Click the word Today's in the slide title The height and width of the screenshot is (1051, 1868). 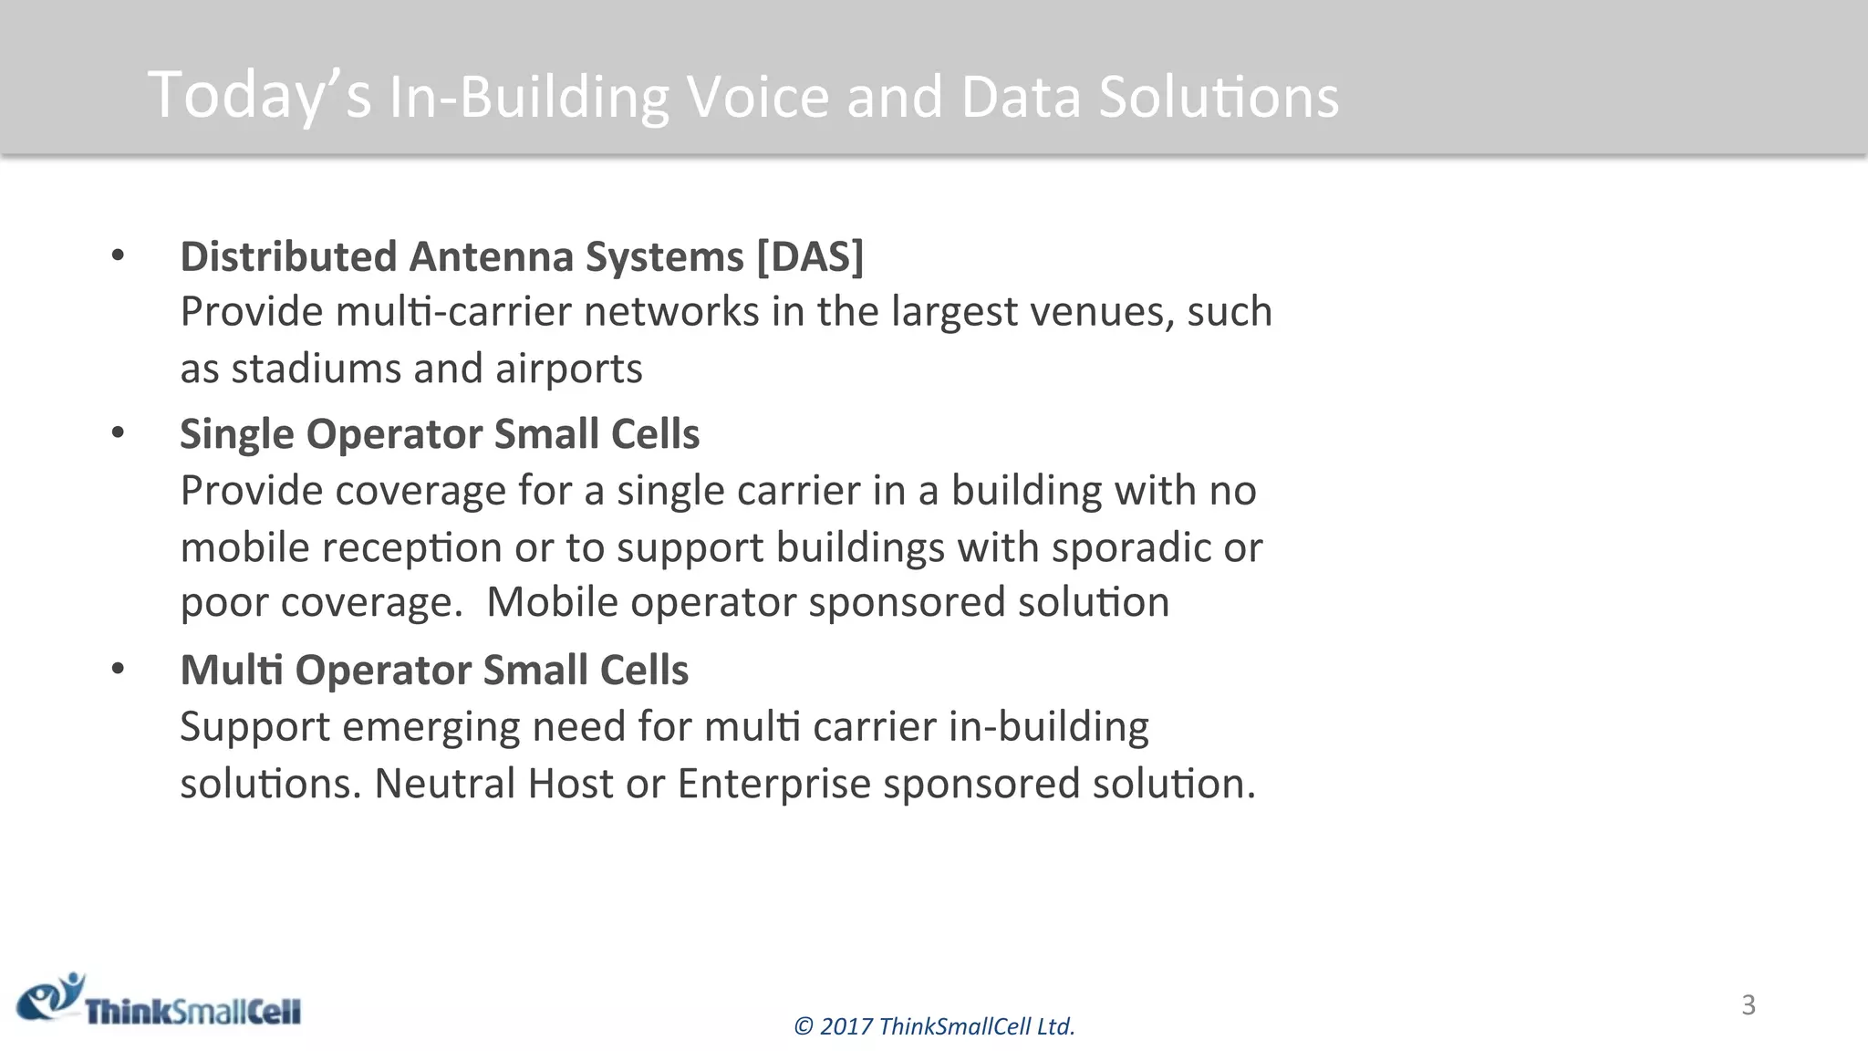pyautogui.click(x=260, y=96)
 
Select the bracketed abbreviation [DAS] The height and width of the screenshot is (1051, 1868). pyautogui.click(x=810, y=256)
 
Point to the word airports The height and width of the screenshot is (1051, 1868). pyautogui.click(x=568, y=369)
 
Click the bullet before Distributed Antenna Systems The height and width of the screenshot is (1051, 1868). pyautogui.click(x=118, y=256)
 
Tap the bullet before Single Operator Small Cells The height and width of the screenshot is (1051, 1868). pyautogui.click(x=118, y=433)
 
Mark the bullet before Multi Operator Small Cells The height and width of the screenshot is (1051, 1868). pyautogui.click(x=118, y=670)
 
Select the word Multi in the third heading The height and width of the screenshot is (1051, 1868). pyautogui.click(x=232, y=671)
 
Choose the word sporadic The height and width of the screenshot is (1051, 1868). pyautogui.click(x=1131, y=547)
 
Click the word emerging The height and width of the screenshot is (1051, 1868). pyautogui.click(x=431, y=727)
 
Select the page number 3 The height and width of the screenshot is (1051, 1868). pyautogui.click(x=1748, y=1004)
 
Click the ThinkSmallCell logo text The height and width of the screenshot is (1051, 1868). pyautogui.click(x=192, y=1012)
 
